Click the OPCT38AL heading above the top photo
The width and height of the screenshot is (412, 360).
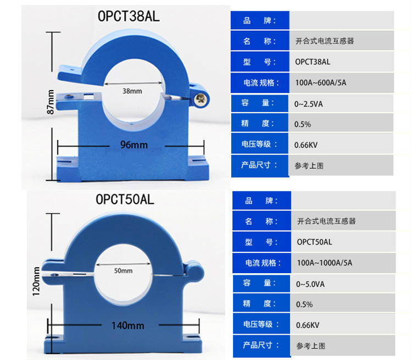click(128, 15)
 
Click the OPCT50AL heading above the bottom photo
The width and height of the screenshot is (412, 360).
click(125, 200)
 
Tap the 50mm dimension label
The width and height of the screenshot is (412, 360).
click(123, 271)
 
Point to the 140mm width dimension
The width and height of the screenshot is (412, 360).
click(127, 326)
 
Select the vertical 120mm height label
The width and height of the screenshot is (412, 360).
click(36, 281)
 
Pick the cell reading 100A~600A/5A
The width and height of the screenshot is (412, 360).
click(321, 82)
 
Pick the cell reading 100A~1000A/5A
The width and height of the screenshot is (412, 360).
click(324, 263)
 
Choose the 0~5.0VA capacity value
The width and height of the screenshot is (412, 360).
click(311, 284)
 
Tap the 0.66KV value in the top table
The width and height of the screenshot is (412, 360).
click(307, 145)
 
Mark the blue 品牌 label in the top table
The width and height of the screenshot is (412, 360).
click(259, 21)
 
